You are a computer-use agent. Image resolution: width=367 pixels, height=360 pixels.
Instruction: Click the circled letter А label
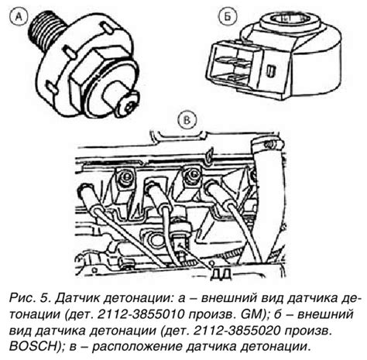tap(18, 17)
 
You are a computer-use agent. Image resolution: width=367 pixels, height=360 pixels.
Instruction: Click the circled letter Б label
tap(227, 17)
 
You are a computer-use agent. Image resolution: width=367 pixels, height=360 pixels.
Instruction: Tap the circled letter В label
tap(187, 120)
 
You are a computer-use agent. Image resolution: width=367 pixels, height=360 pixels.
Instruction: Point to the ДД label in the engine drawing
tap(221, 274)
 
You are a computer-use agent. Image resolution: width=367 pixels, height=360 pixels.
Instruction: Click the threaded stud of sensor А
tap(46, 29)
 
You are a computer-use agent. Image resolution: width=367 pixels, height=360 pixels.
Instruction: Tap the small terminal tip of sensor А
tap(129, 104)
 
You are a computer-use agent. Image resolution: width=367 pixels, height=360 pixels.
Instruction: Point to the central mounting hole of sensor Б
tap(289, 19)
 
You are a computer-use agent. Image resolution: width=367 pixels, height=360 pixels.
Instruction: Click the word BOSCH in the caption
tap(32, 346)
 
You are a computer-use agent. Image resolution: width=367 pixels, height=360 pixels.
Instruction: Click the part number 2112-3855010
tap(141, 314)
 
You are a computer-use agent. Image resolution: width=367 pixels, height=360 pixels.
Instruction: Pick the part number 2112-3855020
tap(237, 331)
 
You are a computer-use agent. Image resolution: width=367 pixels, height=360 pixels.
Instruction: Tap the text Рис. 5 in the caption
tap(29, 298)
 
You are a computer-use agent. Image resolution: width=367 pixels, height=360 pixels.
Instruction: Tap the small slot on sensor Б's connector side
tap(271, 70)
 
